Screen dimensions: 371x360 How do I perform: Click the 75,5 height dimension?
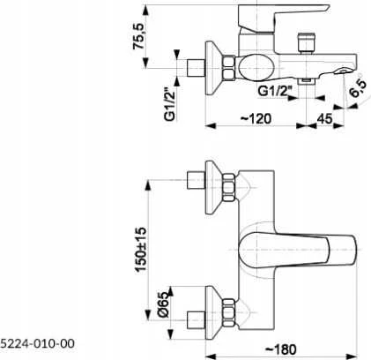[x=138, y=36]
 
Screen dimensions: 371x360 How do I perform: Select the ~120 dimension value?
[x=256, y=119]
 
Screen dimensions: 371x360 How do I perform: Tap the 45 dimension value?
[x=324, y=119]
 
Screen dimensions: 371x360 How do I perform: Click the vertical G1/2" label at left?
[x=170, y=105]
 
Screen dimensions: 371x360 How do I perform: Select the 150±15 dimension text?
[x=140, y=250]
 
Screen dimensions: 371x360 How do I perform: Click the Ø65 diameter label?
[x=164, y=305]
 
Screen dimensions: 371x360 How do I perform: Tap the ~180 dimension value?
[x=281, y=349]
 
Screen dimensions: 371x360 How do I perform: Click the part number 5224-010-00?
[x=38, y=343]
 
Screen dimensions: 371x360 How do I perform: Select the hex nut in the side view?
[x=229, y=68]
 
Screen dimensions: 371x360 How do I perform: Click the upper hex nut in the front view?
[x=229, y=187]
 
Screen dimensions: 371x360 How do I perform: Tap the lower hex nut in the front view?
[x=229, y=312]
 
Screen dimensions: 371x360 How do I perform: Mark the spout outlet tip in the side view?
[x=343, y=71]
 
